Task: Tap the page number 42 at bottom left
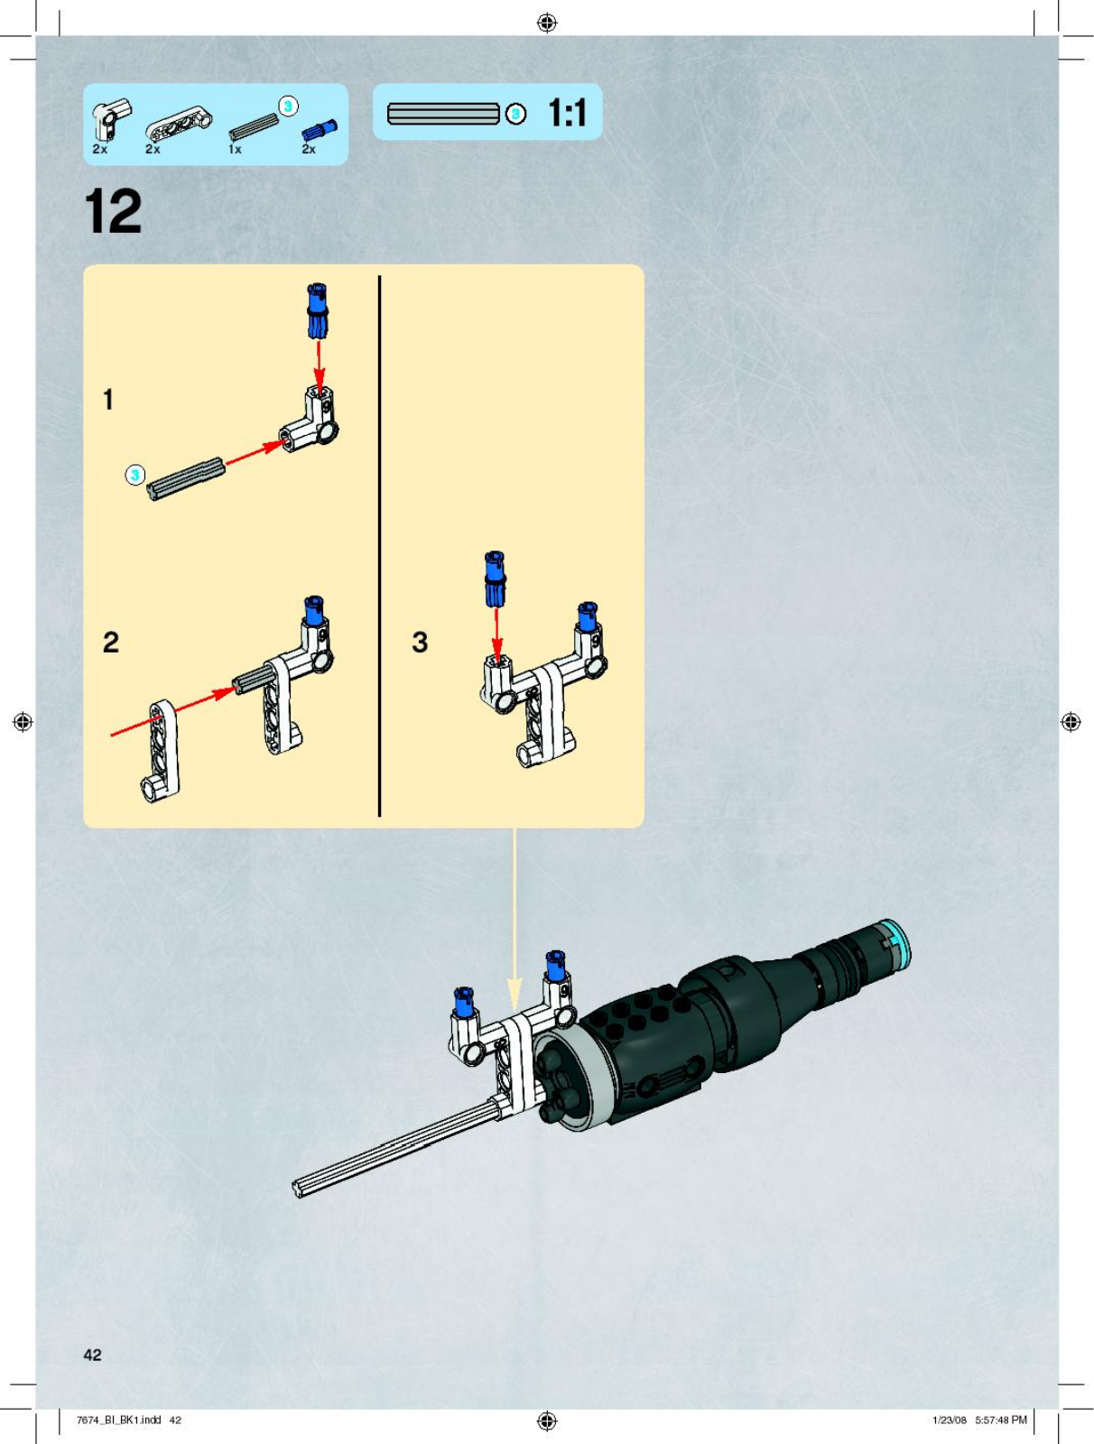pyautogui.click(x=93, y=1354)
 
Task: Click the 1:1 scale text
pyautogui.click(x=567, y=113)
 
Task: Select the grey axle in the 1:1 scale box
pyautogui.click(x=443, y=113)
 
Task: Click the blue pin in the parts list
pyautogui.click(x=320, y=129)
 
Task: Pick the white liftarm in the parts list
pyautogui.click(x=179, y=123)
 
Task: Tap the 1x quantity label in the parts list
pyautogui.click(x=235, y=149)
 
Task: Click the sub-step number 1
pyautogui.click(x=108, y=399)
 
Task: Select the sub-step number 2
pyautogui.click(x=110, y=642)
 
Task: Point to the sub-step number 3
pyautogui.click(x=420, y=642)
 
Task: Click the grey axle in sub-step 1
pyautogui.click(x=186, y=478)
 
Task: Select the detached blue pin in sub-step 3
pyautogui.click(x=495, y=579)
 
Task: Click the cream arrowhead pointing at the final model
pyautogui.click(x=515, y=994)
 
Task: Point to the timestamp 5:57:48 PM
pyautogui.click(x=1001, y=1419)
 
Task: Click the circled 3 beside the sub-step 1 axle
pyautogui.click(x=134, y=475)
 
